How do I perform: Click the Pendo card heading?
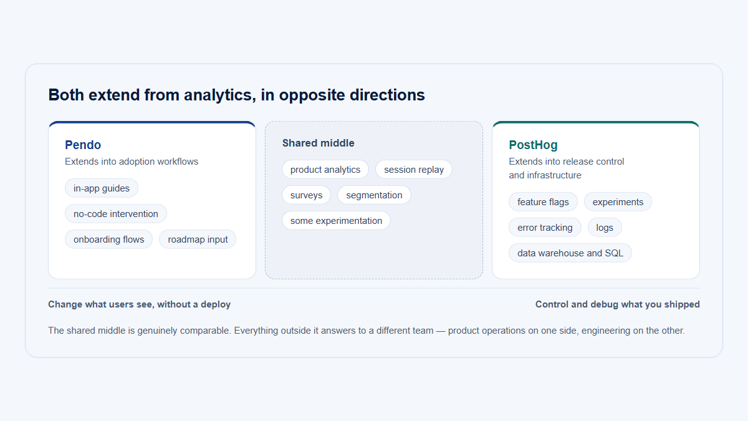pyautogui.click(x=83, y=145)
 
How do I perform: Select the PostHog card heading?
pyautogui.click(x=533, y=145)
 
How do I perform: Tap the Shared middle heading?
pyautogui.click(x=319, y=143)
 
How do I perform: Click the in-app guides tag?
pyautogui.click(x=102, y=188)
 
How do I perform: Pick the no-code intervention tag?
pyautogui.click(x=115, y=213)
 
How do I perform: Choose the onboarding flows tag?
pyautogui.click(x=109, y=240)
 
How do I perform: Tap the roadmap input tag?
pyautogui.click(x=198, y=240)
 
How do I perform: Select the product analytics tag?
pyautogui.click(x=325, y=170)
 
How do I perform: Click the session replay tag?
pyautogui.click(x=414, y=170)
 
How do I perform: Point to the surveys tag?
pyautogui.click(x=306, y=195)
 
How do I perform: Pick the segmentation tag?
pyautogui.click(x=374, y=195)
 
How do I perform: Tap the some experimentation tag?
pyautogui.click(x=336, y=221)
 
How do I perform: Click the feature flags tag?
pyautogui.click(x=543, y=202)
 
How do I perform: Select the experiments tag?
pyautogui.click(x=618, y=202)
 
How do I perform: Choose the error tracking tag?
pyautogui.click(x=545, y=228)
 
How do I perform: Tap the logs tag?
pyautogui.click(x=605, y=228)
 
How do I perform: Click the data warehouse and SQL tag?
pyautogui.click(x=570, y=253)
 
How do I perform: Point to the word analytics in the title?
pyautogui.click(x=219, y=95)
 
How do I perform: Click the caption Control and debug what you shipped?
pyautogui.click(x=618, y=304)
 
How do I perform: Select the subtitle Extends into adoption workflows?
pyautogui.click(x=132, y=162)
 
